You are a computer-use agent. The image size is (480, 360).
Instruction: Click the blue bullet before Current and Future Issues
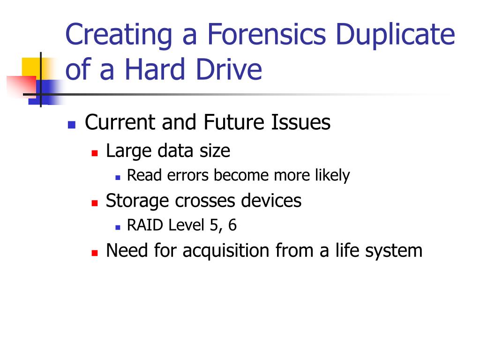(x=72, y=125)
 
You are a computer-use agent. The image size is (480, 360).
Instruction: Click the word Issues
(x=301, y=123)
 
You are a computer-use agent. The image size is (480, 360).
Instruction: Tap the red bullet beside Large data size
(x=94, y=153)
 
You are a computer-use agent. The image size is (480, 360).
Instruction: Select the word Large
(x=128, y=151)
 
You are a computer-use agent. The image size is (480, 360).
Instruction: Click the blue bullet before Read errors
(x=118, y=177)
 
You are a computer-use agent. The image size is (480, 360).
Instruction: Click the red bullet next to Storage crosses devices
(x=94, y=202)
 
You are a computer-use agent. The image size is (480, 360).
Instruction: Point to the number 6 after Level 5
(x=232, y=225)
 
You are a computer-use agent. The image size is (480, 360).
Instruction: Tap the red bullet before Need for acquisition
(x=94, y=252)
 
